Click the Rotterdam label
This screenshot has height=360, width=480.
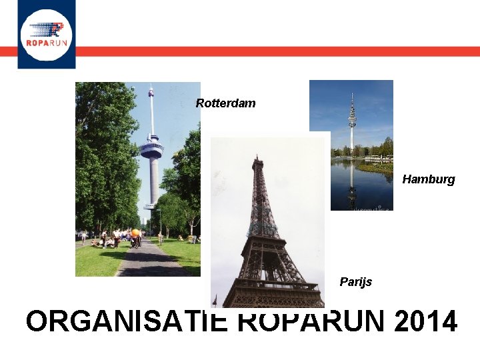tap(225, 103)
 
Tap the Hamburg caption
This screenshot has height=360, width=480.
tap(428, 179)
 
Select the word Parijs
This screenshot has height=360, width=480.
tap(356, 282)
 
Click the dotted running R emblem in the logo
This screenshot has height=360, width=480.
tap(48, 30)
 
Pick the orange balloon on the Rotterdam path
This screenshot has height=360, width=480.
tap(136, 233)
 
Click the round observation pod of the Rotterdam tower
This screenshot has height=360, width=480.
tap(151, 149)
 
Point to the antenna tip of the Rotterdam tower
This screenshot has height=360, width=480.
tap(151, 87)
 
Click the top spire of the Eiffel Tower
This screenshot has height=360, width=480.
tap(257, 159)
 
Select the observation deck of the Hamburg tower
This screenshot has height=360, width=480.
tap(352, 121)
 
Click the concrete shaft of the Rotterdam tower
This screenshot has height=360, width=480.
tap(153, 180)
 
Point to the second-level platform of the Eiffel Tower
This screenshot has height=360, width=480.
tap(262, 231)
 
